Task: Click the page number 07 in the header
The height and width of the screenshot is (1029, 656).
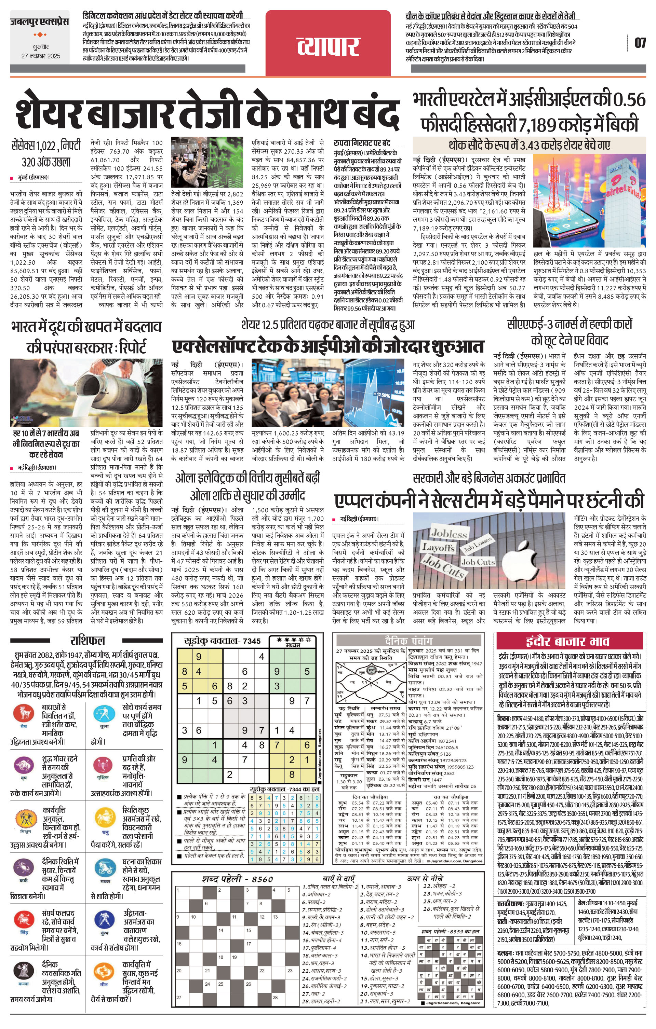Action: tap(640, 43)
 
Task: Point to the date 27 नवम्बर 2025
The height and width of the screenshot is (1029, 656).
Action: tap(41, 56)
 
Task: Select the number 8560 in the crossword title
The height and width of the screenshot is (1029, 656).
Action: tap(262, 879)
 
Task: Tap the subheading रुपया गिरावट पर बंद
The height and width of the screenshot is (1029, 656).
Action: tap(362, 143)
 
